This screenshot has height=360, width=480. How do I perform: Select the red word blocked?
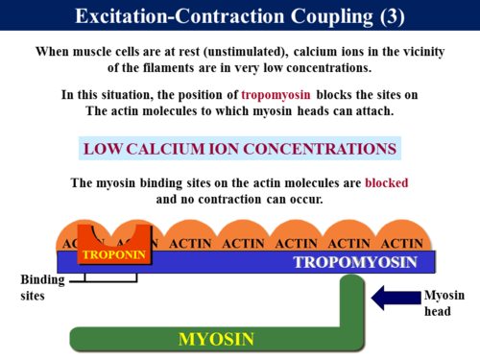pos(386,182)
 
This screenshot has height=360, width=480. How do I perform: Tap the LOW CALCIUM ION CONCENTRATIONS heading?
pos(239,150)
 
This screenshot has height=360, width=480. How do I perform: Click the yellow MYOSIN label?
pos(217,338)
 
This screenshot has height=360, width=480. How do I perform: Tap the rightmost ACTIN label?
pos(401,243)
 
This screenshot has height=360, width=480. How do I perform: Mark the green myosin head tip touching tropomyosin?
pos(353,281)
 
